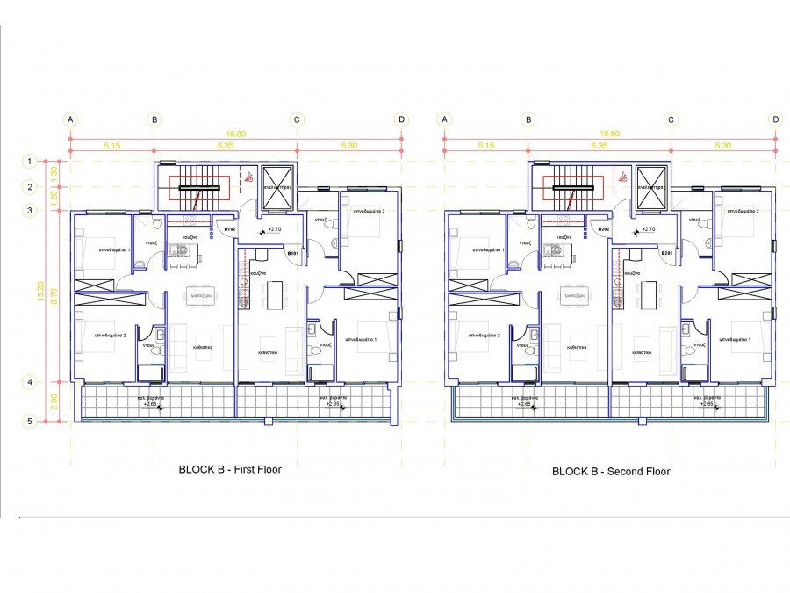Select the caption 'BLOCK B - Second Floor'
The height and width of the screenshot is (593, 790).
pyautogui.click(x=611, y=472)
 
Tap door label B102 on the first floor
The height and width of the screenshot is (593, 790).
pyautogui.click(x=230, y=229)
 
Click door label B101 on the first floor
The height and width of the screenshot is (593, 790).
pyautogui.click(x=294, y=254)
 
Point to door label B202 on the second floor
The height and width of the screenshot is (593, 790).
pyautogui.click(x=604, y=229)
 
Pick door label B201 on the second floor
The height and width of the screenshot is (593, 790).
pyautogui.click(x=667, y=254)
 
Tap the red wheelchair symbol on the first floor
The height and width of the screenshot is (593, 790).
pyautogui.click(x=249, y=177)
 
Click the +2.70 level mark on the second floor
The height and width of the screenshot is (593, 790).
pyautogui.click(x=650, y=229)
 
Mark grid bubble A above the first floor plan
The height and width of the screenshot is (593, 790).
pyautogui.click(x=70, y=120)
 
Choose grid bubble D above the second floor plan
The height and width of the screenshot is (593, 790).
pyautogui.click(x=776, y=120)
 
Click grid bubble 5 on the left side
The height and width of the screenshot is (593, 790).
pyautogui.click(x=30, y=422)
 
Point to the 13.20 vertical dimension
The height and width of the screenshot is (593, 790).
pyautogui.click(x=39, y=292)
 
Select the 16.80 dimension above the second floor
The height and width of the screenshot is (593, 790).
pyautogui.click(x=609, y=134)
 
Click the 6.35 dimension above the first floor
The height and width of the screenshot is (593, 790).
pyautogui.click(x=225, y=145)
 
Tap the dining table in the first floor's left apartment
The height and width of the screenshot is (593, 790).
pyautogui.click(x=200, y=297)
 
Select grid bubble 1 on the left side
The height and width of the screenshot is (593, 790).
pyautogui.click(x=30, y=161)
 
